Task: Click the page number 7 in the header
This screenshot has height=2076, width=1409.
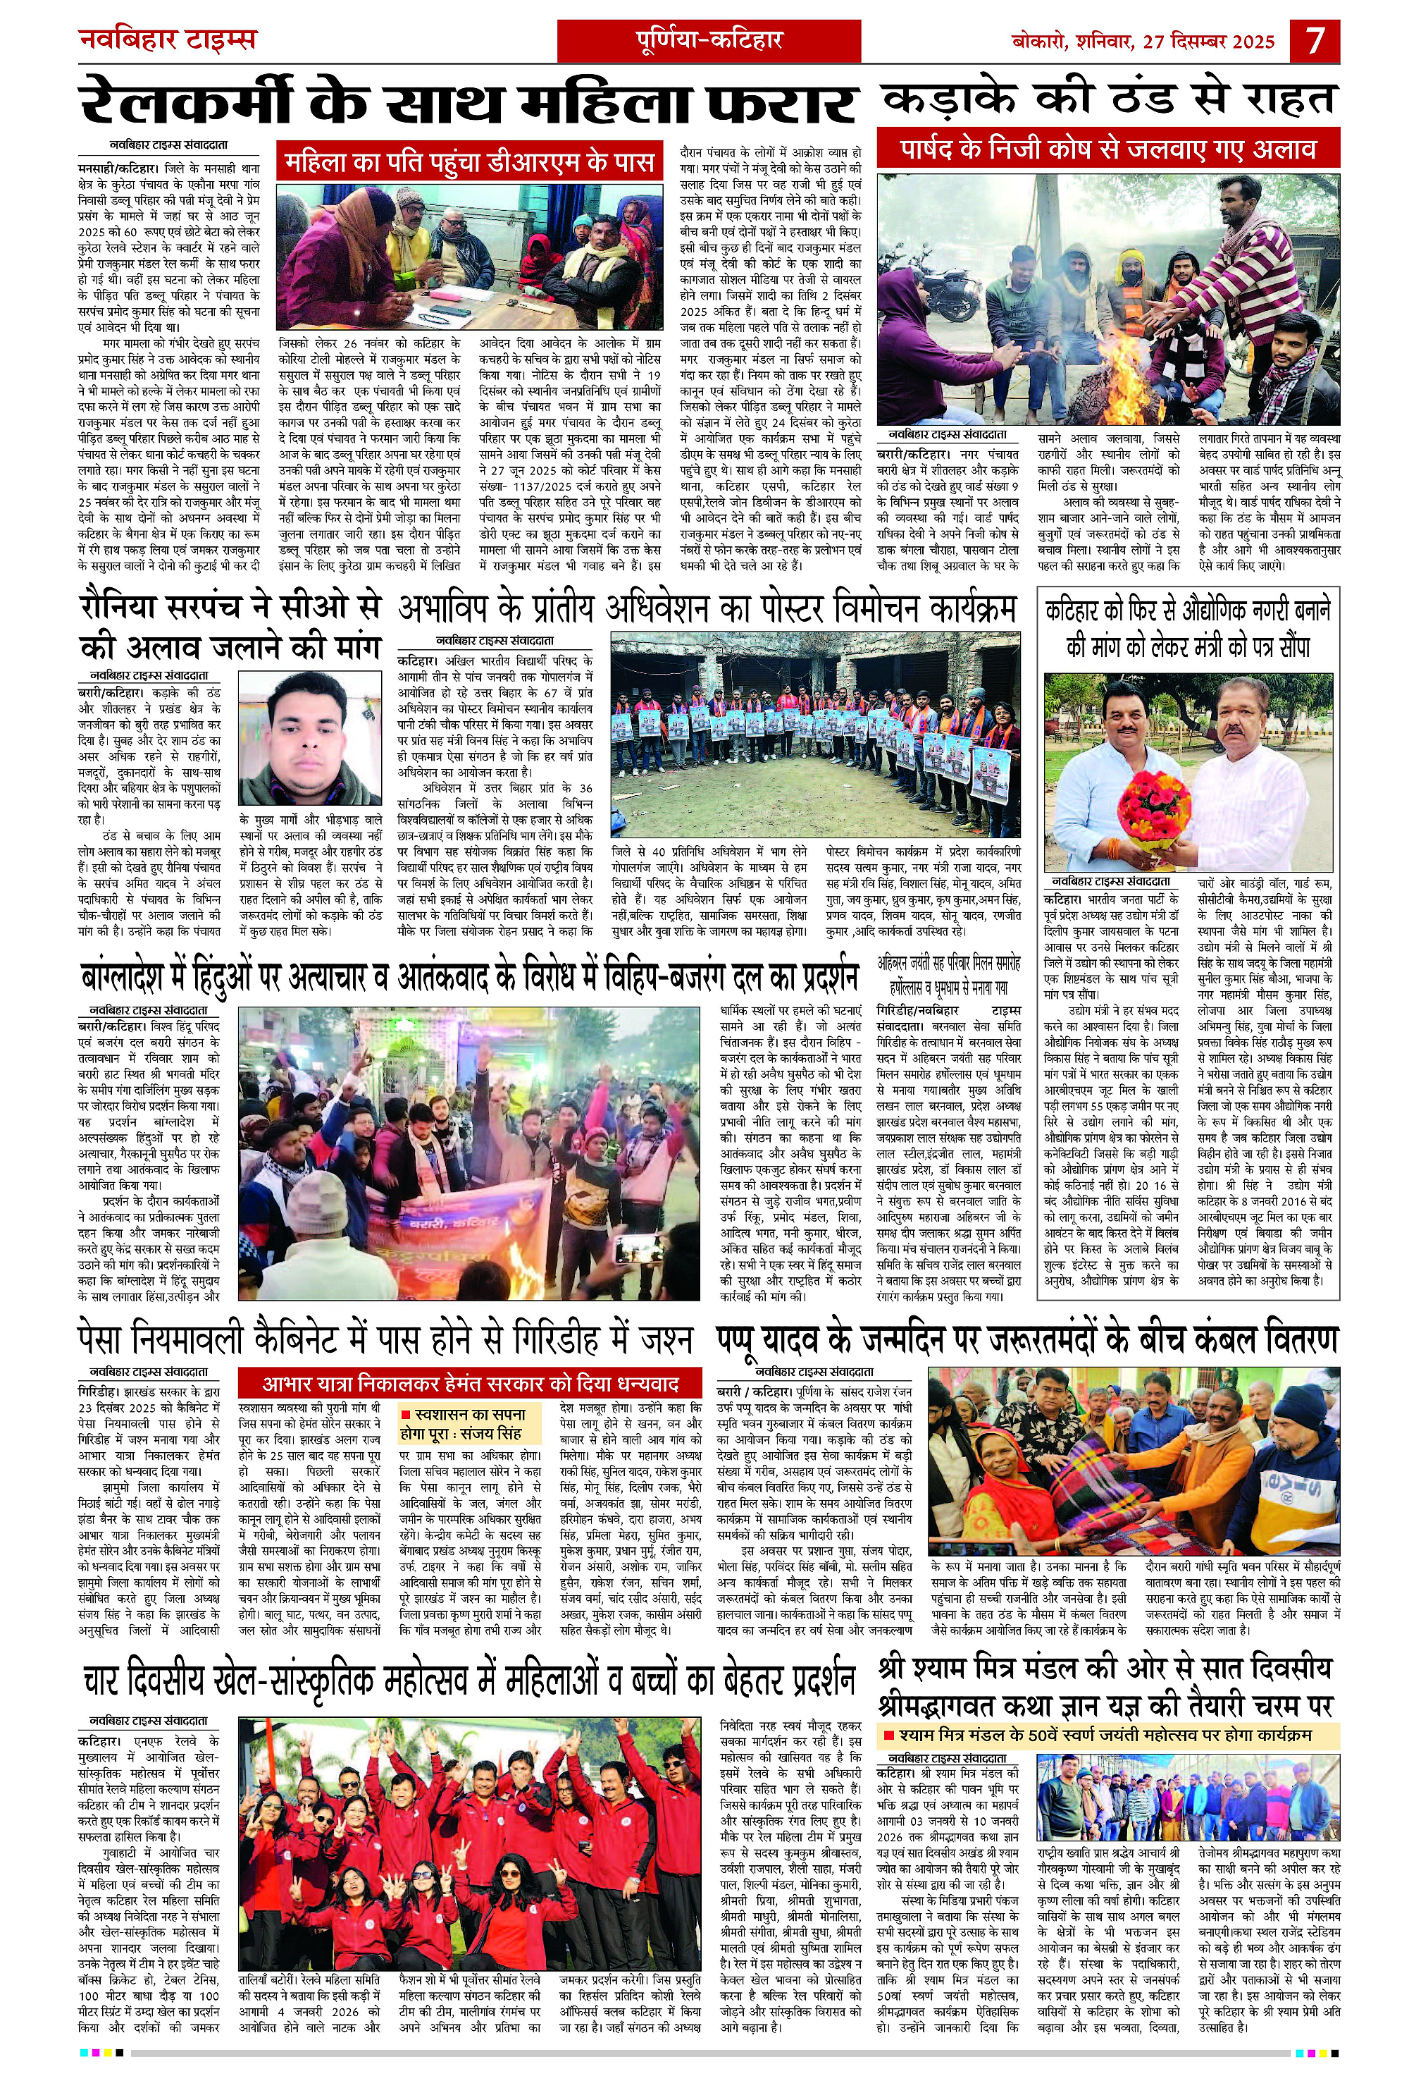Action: (1315, 41)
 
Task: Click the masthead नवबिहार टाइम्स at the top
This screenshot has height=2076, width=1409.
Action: (168, 40)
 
